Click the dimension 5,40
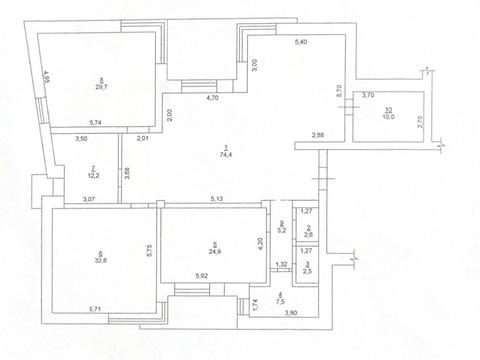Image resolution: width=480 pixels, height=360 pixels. (x=300, y=41)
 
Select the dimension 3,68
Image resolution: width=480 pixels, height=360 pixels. (x=127, y=170)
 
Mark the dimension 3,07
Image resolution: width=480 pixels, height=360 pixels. (x=89, y=200)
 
